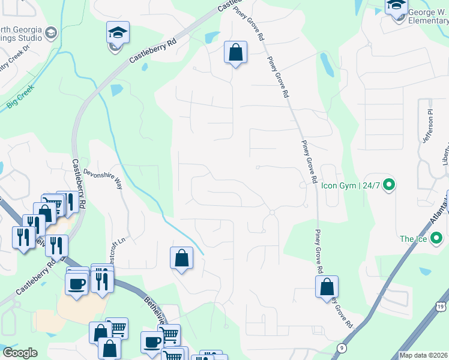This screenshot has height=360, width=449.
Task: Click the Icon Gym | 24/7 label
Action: pyautogui.click(x=351, y=185)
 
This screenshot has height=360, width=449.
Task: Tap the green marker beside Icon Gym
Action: pyautogui.click(x=388, y=185)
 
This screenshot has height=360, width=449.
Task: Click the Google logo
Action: pyautogui.click(x=20, y=353)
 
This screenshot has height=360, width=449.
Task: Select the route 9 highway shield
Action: pyautogui.click(x=342, y=348)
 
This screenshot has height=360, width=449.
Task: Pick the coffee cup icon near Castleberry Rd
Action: pyautogui.click(x=77, y=283)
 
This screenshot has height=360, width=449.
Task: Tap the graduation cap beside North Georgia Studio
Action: pyautogui.click(x=51, y=33)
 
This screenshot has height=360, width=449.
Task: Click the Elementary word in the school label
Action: pyautogui.click(x=429, y=20)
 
